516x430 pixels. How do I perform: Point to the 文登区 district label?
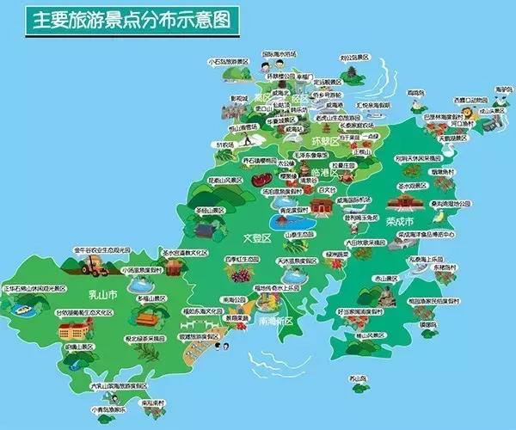[x=256, y=236]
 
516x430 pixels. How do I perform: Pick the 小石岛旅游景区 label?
[x=228, y=63]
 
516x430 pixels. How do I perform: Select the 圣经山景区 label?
[x=207, y=210]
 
